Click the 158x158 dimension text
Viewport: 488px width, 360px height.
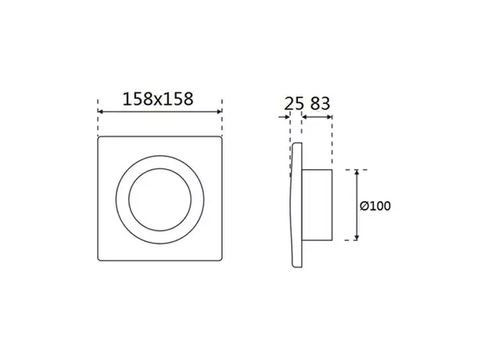[159, 99]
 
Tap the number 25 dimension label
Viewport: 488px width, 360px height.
[293, 103]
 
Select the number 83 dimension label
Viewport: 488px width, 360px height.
[318, 103]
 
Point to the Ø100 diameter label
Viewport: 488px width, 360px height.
[375, 206]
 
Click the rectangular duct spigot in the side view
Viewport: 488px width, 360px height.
[318, 204]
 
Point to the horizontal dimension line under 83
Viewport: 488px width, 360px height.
[318, 118]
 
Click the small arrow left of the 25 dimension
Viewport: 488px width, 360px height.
[284, 118]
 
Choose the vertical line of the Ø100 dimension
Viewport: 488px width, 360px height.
[357, 204]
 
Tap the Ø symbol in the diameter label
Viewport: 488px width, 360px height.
[364, 206]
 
